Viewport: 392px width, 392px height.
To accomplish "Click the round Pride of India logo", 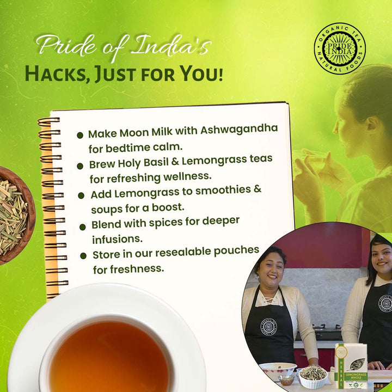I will click(x=340, y=48).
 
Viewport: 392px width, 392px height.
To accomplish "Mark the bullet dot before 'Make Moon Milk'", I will click(x=80, y=134).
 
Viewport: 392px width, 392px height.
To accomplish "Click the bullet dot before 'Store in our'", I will click(x=84, y=255).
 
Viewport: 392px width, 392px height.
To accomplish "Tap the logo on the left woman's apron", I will click(x=268, y=327).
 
